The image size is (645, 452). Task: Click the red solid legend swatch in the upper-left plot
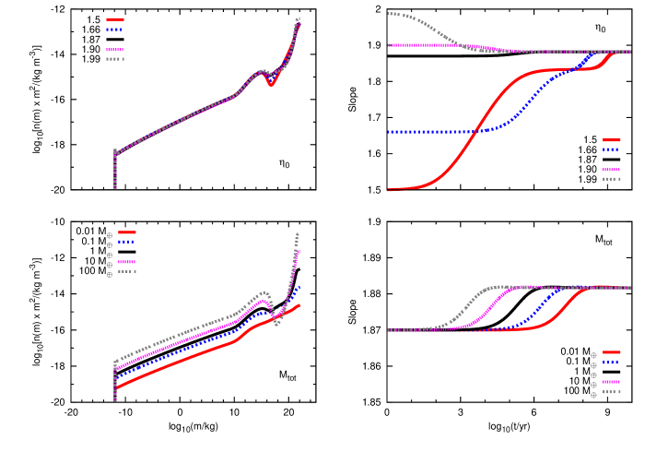(115, 19)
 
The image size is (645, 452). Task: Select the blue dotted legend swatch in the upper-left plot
(115, 30)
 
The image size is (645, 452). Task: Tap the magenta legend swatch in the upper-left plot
(115, 50)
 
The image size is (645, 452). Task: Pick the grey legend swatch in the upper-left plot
(115, 59)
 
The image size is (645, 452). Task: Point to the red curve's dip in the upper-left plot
(271, 83)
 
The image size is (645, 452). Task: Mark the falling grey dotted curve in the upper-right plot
(433, 27)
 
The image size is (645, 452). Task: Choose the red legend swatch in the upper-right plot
(612, 140)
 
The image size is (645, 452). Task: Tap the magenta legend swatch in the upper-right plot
(612, 170)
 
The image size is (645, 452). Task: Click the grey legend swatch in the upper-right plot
(612, 179)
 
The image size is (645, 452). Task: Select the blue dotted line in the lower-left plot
(184, 351)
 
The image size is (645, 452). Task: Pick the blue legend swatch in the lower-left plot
(126, 242)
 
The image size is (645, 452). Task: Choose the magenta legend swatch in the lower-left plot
(126, 262)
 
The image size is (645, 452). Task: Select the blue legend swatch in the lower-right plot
(612, 363)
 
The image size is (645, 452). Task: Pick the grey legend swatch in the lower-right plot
(612, 392)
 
